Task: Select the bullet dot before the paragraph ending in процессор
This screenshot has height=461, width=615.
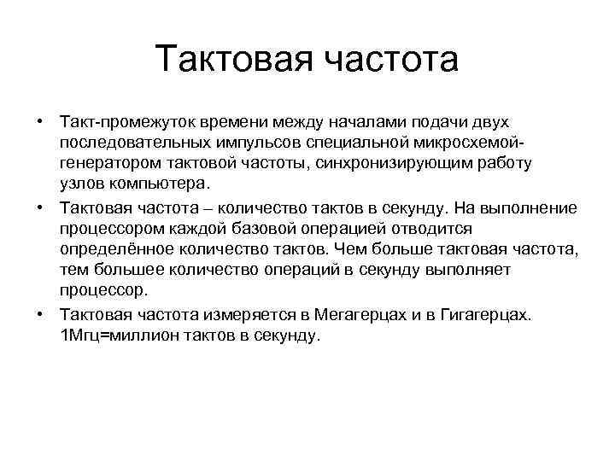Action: pyautogui.click(x=39, y=208)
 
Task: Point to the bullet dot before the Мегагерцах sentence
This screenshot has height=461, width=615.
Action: pyautogui.click(x=39, y=314)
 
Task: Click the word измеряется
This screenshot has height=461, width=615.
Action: pyautogui.click(x=255, y=314)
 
